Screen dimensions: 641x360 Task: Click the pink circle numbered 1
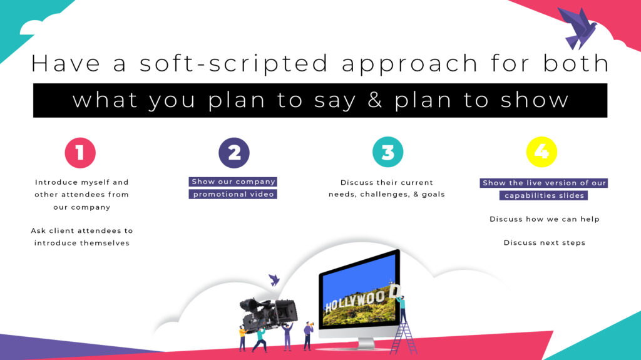tap(80, 153)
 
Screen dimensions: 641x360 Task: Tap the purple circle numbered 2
tap(234, 153)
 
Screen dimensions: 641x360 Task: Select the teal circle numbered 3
tap(387, 152)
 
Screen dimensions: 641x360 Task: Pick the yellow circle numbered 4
tap(541, 152)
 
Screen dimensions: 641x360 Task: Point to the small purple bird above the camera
tap(274, 280)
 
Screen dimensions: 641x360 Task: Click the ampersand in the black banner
tap(375, 100)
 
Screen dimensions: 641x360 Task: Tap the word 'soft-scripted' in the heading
tap(234, 64)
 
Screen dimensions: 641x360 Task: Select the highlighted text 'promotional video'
tap(233, 194)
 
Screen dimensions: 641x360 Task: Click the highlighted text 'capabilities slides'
tap(544, 195)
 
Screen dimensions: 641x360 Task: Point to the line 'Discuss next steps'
tap(544, 242)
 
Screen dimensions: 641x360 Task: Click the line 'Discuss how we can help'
tap(545, 219)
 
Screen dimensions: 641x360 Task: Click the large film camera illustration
tap(269, 314)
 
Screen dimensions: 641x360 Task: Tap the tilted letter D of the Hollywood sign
tap(394, 291)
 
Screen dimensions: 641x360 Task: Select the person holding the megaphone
tap(308, 336)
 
